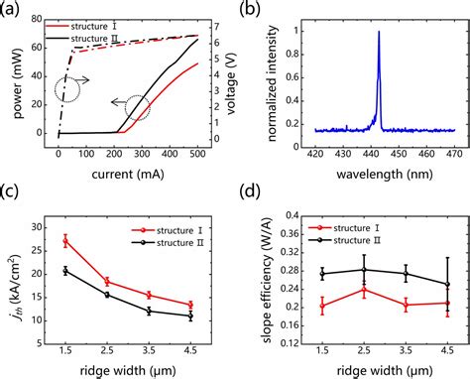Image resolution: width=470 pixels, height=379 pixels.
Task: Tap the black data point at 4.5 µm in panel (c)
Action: tap(190, 316)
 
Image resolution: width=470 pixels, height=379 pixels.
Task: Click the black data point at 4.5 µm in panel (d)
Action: tap(447, 285)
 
